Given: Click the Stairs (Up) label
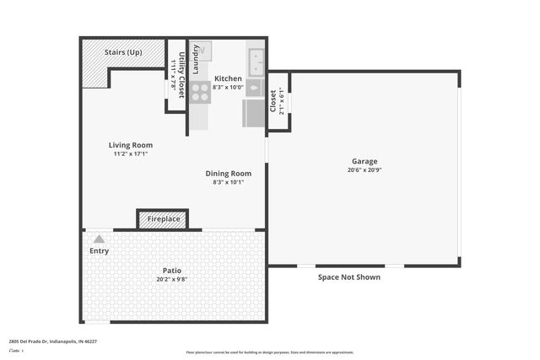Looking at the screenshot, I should click(122, 52).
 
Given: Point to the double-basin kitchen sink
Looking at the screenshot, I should click(256, 62).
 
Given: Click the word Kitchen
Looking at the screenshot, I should click(228, 78).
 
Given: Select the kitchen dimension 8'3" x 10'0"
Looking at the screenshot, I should click(228, 87).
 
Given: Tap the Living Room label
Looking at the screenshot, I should click(131, 145).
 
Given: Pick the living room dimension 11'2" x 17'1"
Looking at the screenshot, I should click(131, 154).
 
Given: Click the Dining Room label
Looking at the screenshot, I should click(229, 174).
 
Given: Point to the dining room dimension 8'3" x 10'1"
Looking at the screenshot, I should click(229, 182).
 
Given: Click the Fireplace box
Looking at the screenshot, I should click(163, 219).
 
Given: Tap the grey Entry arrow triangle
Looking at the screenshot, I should click(99, 239).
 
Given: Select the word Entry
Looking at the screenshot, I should click(99, 250).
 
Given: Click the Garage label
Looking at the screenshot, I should click(364, 161).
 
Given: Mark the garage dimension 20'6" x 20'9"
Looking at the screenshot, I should click(364, 169).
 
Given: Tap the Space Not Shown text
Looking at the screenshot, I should click(348, 277).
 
